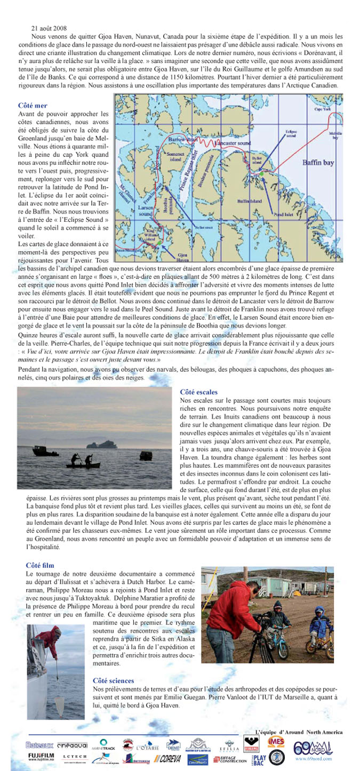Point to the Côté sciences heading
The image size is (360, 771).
[113, 681]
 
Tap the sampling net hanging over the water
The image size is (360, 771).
[59, 704]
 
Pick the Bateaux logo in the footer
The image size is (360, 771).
[39, 744]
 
